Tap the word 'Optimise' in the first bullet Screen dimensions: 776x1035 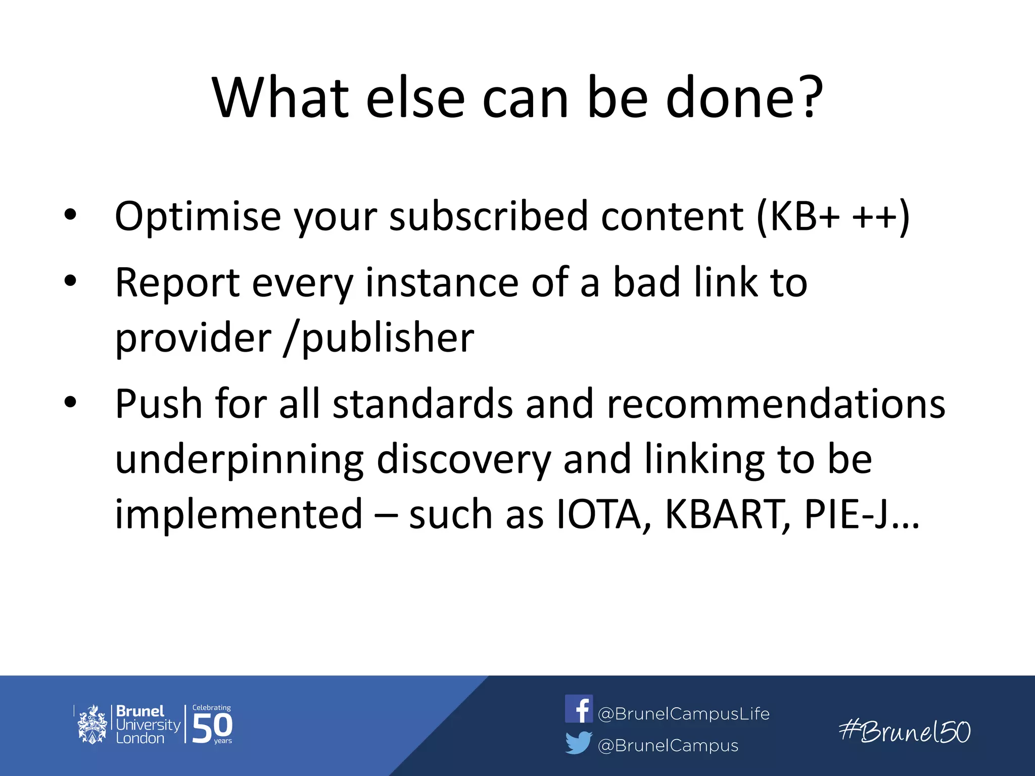pyautogui.click(x=198, y=217)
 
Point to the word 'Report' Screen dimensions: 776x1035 pyautogui.click(x=177, y=283)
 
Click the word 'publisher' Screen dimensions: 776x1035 pyautogui.click(x=388, y=337)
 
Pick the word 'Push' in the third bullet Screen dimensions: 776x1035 pyautogui.click(x=158, y=404)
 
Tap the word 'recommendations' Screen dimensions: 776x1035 pyautogui.click(x=776, y=404)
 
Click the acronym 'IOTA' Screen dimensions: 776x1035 pyautogui.click(x=598, y=515)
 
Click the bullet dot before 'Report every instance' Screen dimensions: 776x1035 pyautogui.click(x=70, y=280)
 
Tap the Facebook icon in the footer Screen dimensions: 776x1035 pyautogui.click(x=579, y=709)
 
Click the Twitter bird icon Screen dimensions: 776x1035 pyautogui.click(x=578, y=743)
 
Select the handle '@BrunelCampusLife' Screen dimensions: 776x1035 pyautogui.click(x=683, y=714)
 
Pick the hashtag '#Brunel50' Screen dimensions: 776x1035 pyautogui.click(x=905, y=732)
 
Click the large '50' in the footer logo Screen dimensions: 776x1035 pyautogui.click(x=212, y=727)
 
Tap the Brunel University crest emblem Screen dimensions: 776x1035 pyautogui.click(x=92, y=724)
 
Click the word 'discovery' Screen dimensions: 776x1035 pyautogui.click(x=463, y=460)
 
